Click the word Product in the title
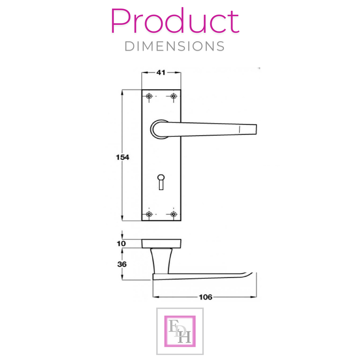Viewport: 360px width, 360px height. coord(175,22)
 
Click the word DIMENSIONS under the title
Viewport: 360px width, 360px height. coord(175,46)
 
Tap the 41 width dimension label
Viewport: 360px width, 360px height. coord(161,72)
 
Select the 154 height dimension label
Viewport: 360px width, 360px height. coord(122,157)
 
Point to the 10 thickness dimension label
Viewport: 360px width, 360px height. coord(122,244)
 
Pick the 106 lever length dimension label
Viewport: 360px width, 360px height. coord(205,297)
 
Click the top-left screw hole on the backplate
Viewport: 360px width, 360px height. coord(149,96)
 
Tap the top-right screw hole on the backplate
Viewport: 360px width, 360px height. coord(174,96)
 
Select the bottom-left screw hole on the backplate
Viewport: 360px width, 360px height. coord(149,214)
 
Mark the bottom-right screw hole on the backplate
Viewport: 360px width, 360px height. coord(174,214)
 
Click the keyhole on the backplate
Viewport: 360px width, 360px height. coord(161,181)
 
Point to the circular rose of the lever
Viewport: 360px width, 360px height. coord(156,129)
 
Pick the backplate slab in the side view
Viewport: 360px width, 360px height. coord(161,243)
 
